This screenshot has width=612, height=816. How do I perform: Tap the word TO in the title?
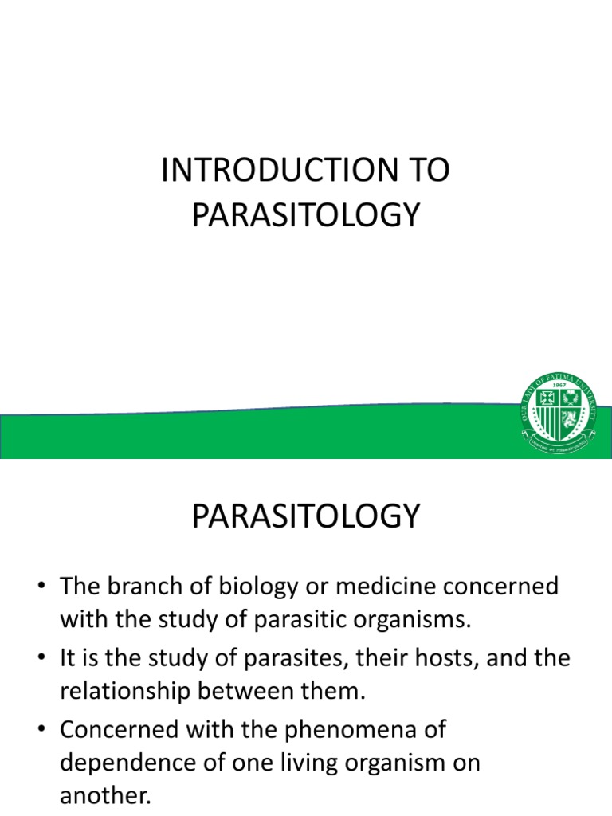431,171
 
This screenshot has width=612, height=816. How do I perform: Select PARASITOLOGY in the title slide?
305,215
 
